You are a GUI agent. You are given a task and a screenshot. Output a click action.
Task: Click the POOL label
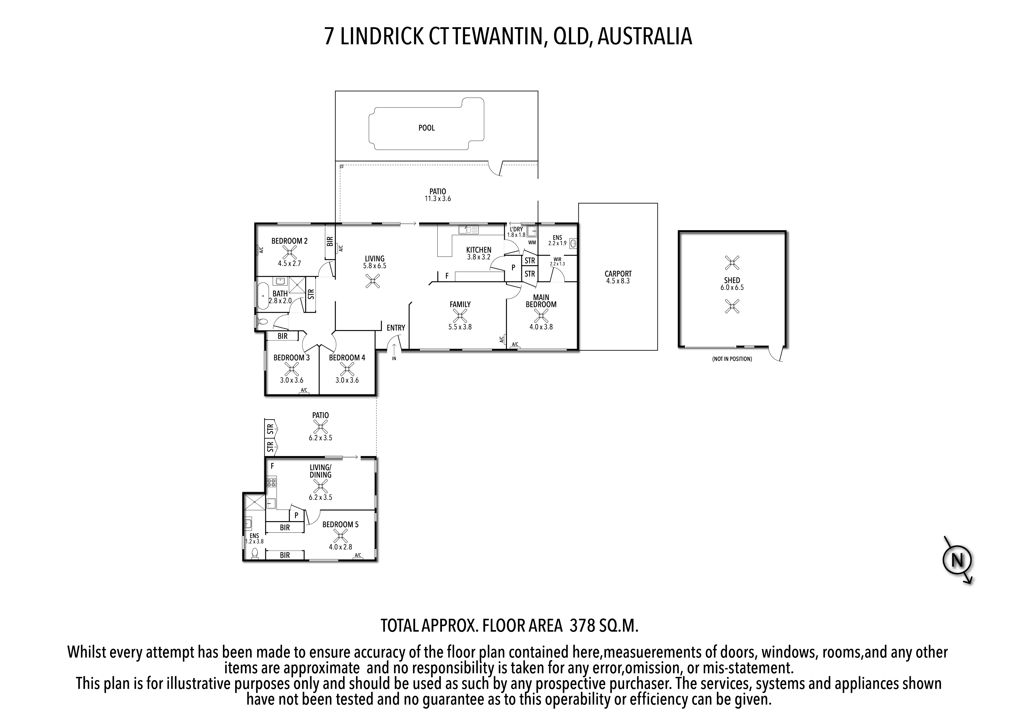click(x=427, y=128)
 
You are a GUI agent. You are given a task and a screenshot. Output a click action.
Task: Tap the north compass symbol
click(x=957, y=561)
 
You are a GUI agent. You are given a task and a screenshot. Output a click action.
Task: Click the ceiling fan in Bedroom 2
click(x=290, y=252)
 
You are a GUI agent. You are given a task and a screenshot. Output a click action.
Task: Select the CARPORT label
click(x=618, y=274)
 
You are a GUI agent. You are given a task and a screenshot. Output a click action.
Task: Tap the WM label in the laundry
click(x=532, y=242)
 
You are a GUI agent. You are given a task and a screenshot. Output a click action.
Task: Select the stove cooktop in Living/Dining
click(x=271, y=482)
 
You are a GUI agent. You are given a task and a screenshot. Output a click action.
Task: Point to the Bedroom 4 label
click(x=347, y=358)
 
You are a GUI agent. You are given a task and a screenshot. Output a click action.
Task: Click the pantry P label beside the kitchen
click(x=513, y=268)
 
